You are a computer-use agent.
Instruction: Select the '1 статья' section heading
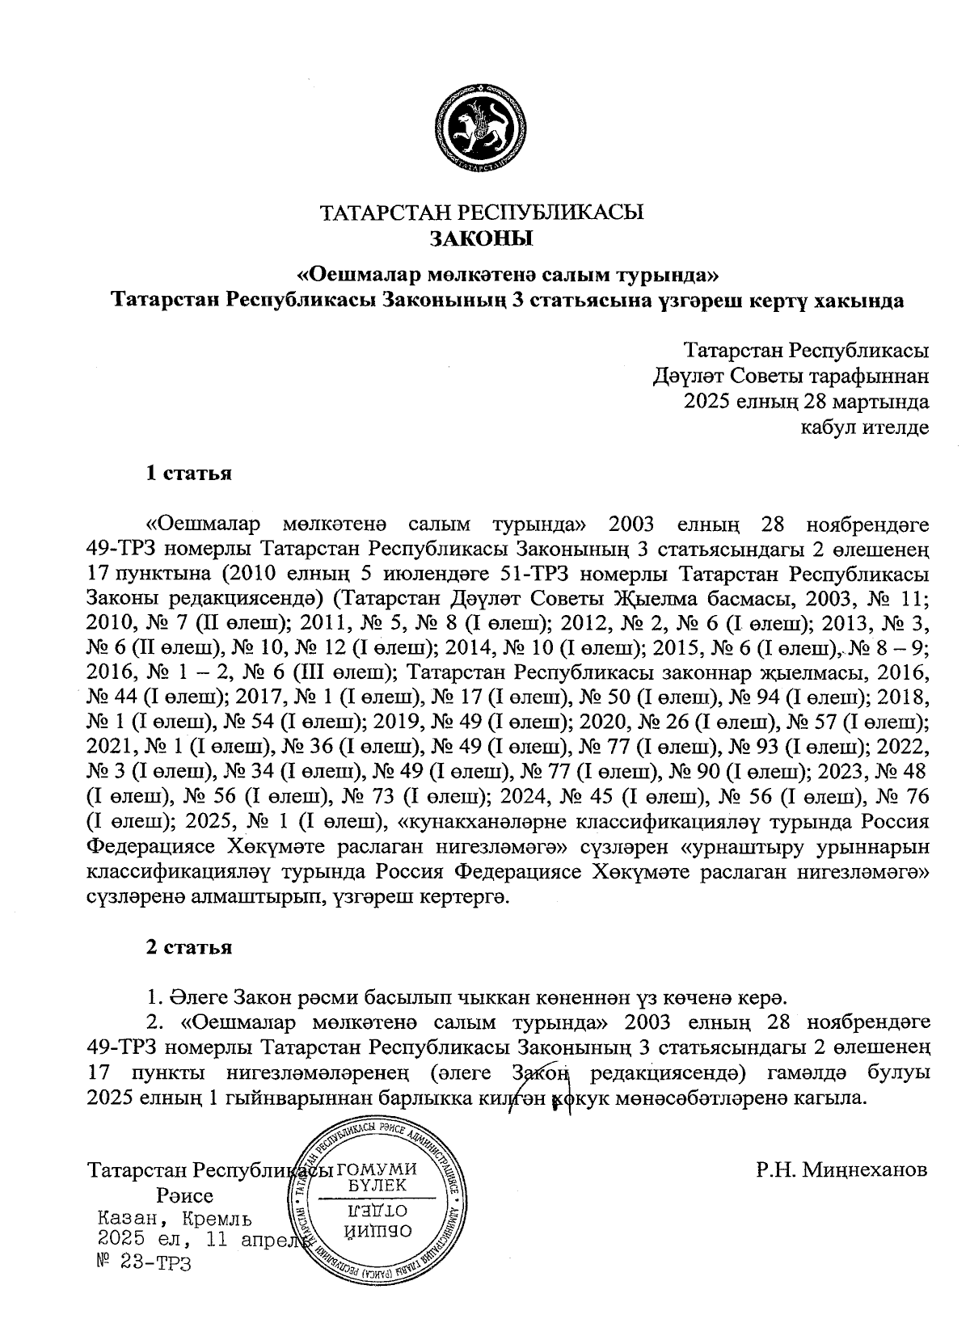coord(188,473)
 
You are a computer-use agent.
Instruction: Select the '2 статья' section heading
coord(188,947)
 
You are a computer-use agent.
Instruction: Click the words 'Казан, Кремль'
coord(174,1219)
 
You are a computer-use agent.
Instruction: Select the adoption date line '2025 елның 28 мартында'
coord(806,401)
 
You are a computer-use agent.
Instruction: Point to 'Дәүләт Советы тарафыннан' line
coord(791,376)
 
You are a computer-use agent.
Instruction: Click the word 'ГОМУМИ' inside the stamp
coord(376,1169)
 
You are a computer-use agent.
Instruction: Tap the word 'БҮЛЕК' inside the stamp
coord(377,1186)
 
